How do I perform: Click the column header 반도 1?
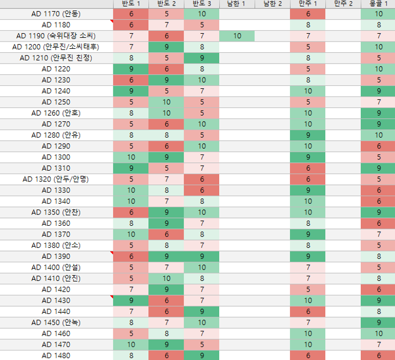(131, 4)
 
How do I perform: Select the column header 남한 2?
(273, 4)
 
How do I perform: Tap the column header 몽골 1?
(378, 4)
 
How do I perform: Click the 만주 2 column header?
(343, 4)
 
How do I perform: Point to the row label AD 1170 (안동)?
(56, 14)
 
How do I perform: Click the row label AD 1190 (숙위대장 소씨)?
(56, 36)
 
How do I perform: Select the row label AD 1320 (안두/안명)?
(56, 179)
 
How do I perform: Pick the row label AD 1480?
(56, 355)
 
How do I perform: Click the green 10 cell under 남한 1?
(237, 36)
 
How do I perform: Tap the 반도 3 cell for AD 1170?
(202, 14)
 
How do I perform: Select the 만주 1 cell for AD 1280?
(308, 135)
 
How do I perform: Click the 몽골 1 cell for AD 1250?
(378, 102)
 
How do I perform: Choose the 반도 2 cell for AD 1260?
(166, 113)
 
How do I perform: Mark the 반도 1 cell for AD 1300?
(131, 157)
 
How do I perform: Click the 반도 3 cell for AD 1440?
(202, 311)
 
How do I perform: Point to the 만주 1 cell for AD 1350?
(308, 212)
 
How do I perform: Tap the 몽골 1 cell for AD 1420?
(378, 289)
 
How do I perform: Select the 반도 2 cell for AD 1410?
(166, 278)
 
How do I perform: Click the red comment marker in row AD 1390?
(112, 253)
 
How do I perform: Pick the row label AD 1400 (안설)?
(56, 267)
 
